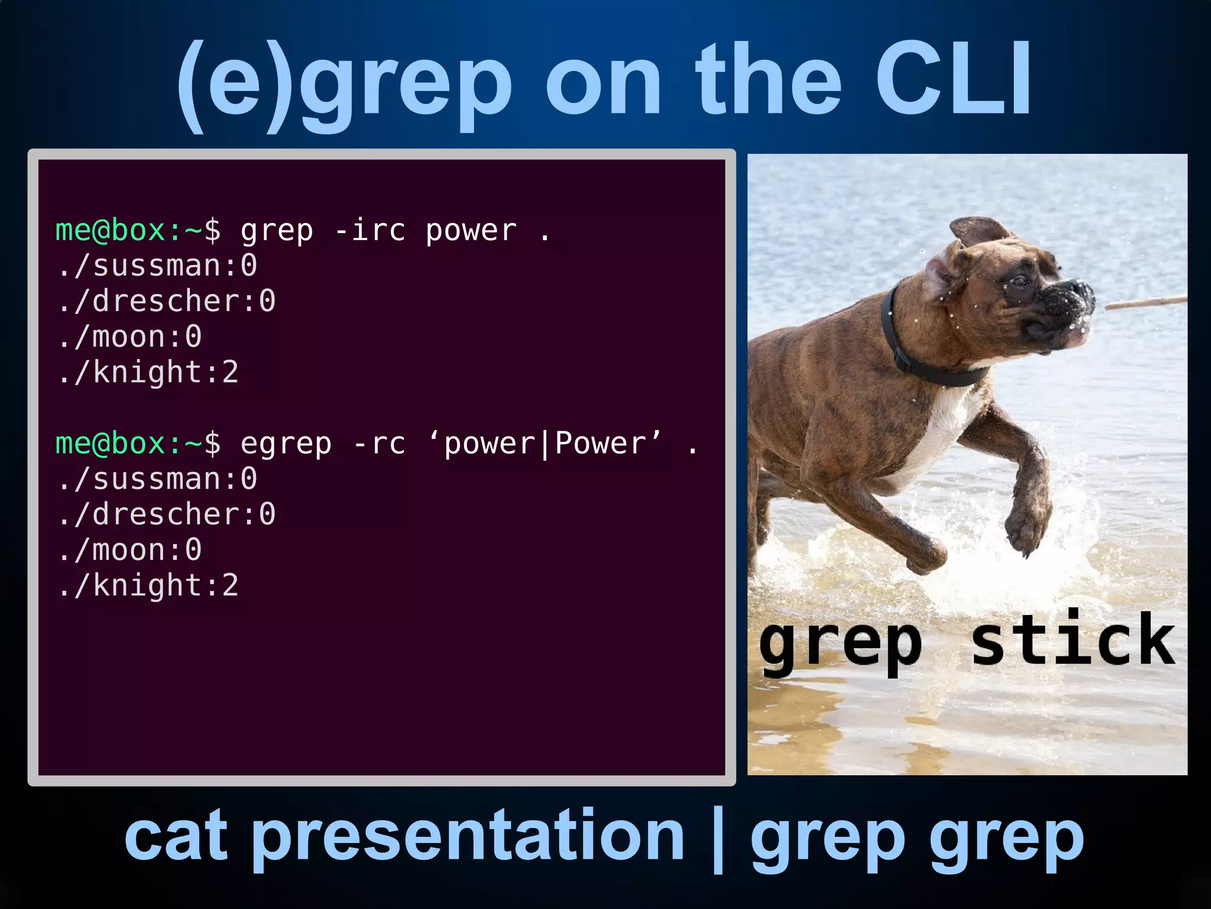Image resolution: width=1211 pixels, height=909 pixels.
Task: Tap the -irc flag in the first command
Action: pyautogui.click(x=370, y=231)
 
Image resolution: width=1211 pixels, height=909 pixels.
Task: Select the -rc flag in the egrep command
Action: pyautogui.click(x=380, y=444)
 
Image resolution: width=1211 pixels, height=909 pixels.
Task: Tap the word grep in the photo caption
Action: pyautogui.click(x=840, y=645)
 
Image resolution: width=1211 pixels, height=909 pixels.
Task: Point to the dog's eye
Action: pyautogui.click(x=1018, y=280)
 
